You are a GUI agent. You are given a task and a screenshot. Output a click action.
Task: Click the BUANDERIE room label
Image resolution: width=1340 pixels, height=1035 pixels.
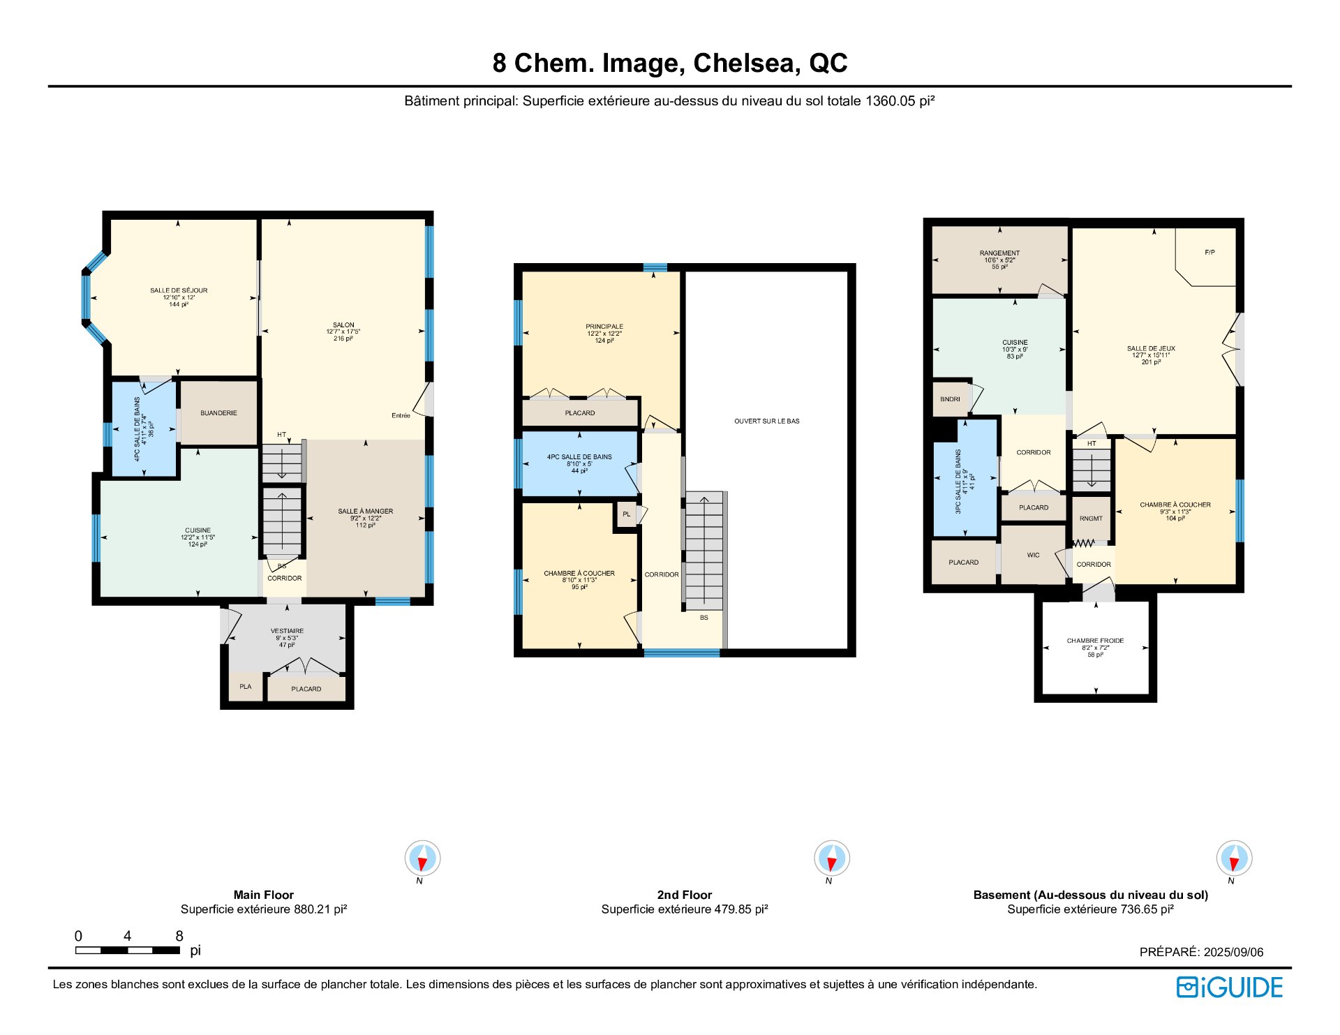218,413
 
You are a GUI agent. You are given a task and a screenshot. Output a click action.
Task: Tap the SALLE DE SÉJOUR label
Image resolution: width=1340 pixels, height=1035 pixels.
179,290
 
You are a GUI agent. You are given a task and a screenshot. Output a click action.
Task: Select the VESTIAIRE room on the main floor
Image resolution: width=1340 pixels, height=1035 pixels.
287,631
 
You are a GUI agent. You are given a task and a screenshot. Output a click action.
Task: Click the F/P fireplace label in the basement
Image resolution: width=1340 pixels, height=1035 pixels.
1209,253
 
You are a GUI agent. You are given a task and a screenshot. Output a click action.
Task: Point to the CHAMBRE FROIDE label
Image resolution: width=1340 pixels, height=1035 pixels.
1095,641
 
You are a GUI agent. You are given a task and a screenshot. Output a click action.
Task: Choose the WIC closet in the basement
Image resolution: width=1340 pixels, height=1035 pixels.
1033,556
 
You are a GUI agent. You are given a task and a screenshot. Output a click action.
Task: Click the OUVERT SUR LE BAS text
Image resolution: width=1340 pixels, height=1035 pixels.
766,422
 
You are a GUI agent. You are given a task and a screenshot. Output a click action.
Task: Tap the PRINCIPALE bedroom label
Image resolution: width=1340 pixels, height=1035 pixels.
604,327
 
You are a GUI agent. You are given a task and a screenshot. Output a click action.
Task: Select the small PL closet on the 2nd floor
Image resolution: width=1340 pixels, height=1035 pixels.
626,514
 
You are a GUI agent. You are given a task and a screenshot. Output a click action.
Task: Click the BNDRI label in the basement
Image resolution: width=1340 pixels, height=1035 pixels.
950,399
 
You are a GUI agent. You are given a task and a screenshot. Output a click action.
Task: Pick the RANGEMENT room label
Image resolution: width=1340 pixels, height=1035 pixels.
999,253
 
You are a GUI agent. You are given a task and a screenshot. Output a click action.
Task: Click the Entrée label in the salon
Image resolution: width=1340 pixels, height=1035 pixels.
401,416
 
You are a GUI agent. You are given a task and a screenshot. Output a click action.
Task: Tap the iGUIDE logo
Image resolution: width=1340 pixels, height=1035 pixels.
1230,988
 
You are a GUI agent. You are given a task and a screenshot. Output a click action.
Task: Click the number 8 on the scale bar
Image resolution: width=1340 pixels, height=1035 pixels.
179,936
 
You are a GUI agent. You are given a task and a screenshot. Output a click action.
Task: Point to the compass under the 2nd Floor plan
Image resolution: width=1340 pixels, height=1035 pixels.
831,858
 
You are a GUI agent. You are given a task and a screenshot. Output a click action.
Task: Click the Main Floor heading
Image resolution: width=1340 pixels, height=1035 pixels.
264,895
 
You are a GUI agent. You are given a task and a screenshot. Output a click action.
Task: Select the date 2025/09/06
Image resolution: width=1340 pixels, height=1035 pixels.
1233,952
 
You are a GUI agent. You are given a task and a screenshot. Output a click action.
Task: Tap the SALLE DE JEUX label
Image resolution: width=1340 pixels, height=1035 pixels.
1151,348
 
